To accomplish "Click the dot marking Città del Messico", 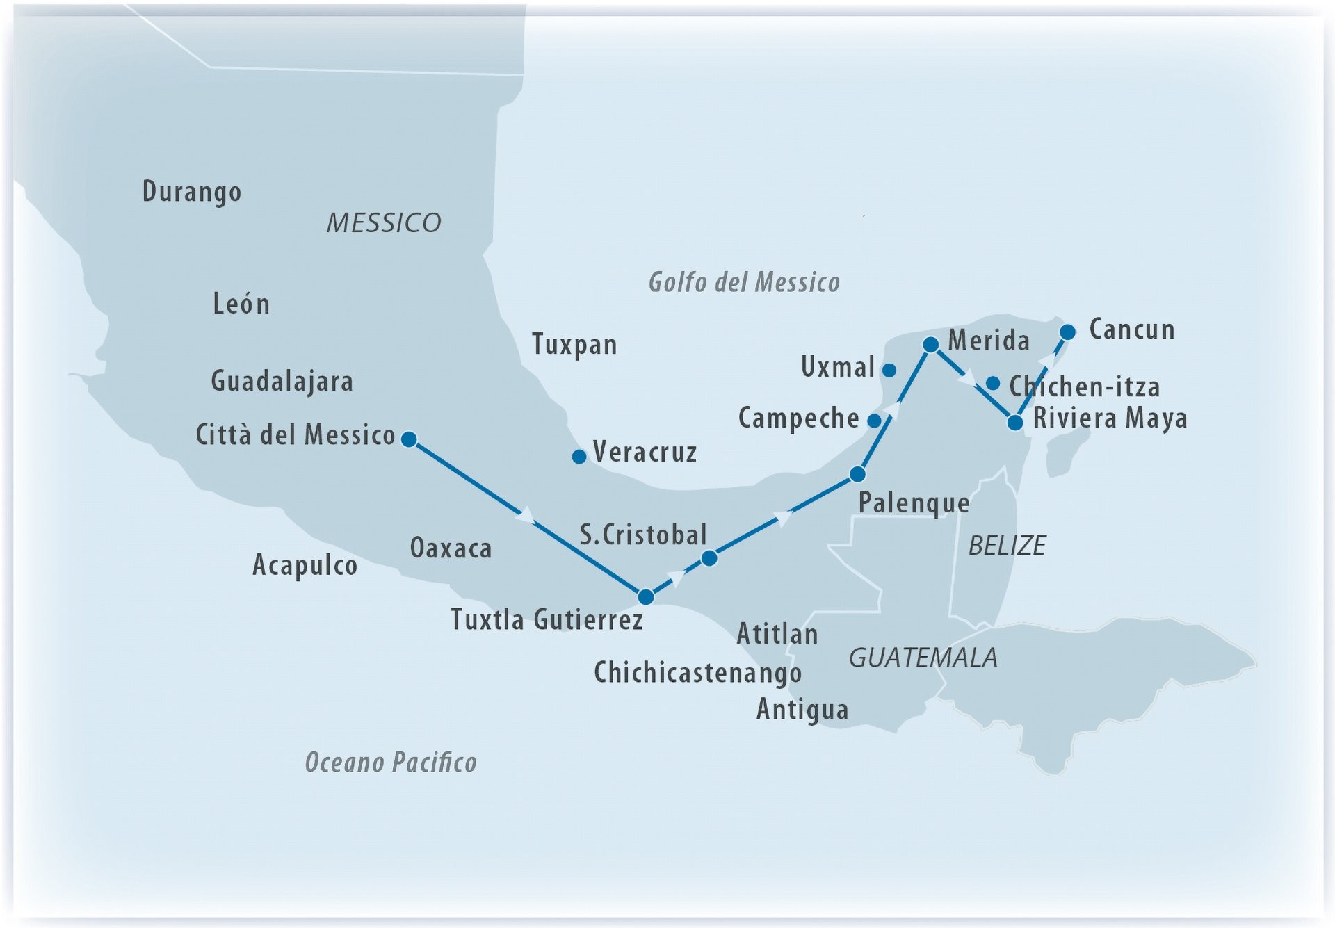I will tap(410, 439).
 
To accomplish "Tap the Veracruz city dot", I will tap(578, 457).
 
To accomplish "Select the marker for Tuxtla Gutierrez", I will tap(646, 596).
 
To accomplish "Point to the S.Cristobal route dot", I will tap(709, 558).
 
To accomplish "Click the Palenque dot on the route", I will tap(857, 475).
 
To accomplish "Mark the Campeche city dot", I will tap(875, 421).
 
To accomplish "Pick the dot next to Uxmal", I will tap(889, 371).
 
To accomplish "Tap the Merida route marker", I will tap(930, 345).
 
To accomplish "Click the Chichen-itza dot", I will tap(993, 383).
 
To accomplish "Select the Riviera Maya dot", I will tap(1015, 423).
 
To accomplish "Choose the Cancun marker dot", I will tap(1067, 332).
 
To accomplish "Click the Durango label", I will tap(192, 192).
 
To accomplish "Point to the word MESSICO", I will tap(384, 223).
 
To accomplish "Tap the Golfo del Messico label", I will tap(744, 282).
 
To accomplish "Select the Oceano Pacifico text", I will tap(391, 763).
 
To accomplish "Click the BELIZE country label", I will tap(1007, 546).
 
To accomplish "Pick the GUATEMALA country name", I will tap(923, 658).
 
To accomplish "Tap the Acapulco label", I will tap(305, 565).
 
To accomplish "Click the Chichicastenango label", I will tap(697, 672).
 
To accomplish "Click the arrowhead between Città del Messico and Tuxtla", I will tap(526, 516).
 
